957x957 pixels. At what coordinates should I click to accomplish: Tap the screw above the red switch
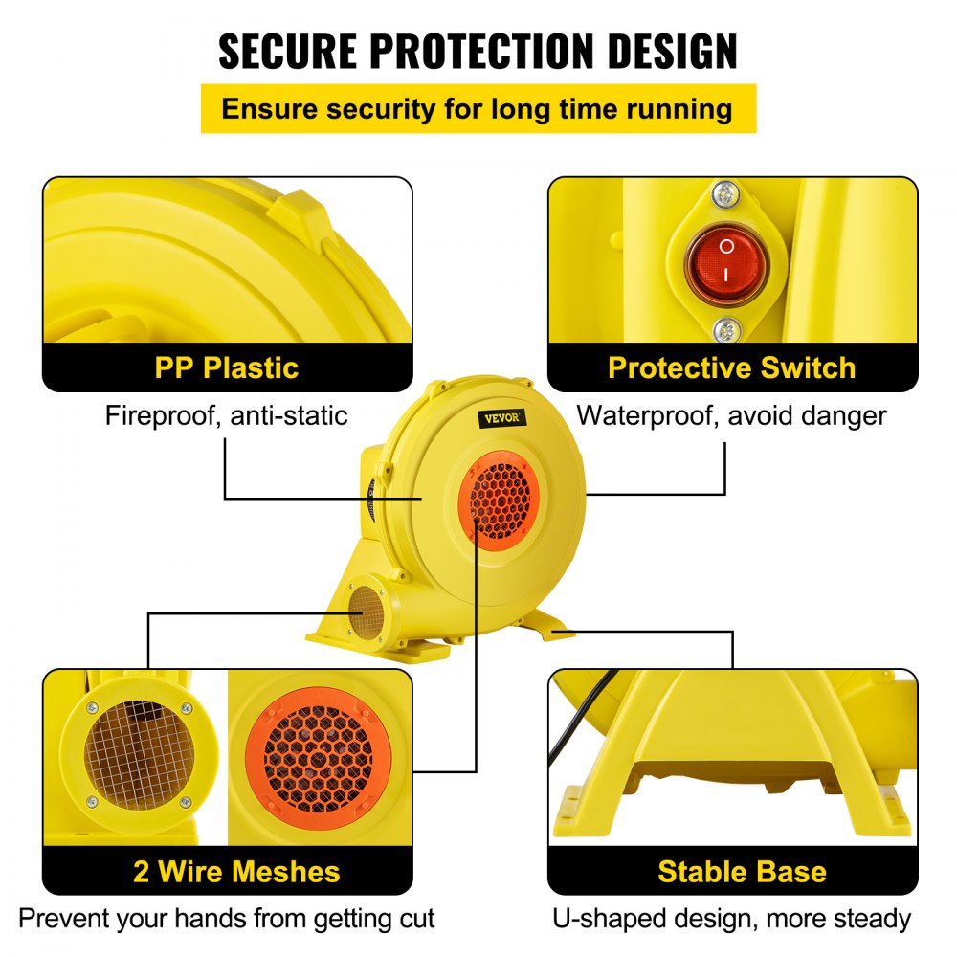click(x=726, y=194)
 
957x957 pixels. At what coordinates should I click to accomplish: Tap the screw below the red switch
click(x=726, y=329)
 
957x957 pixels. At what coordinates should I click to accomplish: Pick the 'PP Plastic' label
click(x=227, y=367)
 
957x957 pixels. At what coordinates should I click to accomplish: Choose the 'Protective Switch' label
click(x=732, y=367)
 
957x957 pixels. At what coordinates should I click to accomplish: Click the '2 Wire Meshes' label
click(x=236, y=872)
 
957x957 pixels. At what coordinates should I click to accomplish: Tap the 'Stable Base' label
click(x=742, y=872)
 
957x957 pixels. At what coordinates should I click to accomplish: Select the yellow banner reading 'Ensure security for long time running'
click(x=478, y=108)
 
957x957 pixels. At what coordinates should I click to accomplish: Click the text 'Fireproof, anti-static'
click(x=226, y=415)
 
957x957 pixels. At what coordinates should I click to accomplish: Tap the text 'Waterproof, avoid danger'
click(x=732, y=415)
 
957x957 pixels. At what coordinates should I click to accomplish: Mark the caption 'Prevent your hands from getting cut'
click(x=227, y=919)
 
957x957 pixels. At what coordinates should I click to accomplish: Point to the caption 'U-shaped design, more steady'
click(x=732, y=919)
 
